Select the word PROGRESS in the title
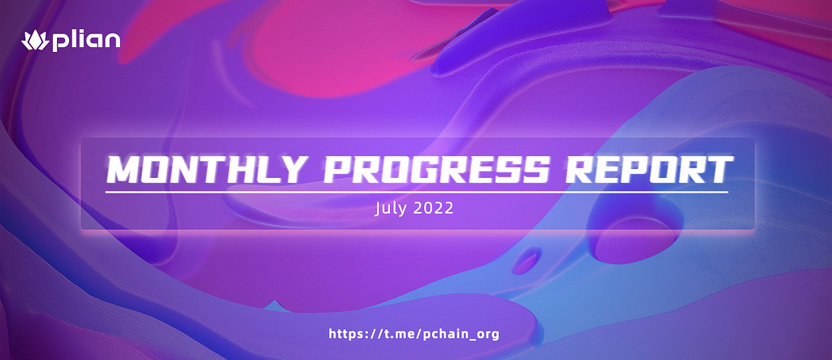click(x=437, y=169)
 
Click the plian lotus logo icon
click(x=35, y=41)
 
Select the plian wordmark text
click(x=86, y=41)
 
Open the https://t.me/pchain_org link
click(x=414, y=334)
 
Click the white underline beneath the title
click(x=417, y=191)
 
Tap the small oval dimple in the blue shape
click(x=526, y=260)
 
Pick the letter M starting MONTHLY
click(x=122, y=169)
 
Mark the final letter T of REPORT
click(x=720, y=169)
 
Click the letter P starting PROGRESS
click(x=338, y=169)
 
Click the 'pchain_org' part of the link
click(x=462, y=335)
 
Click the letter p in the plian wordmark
click(x=59, y=42)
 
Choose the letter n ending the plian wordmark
click(x=112, y=41)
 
